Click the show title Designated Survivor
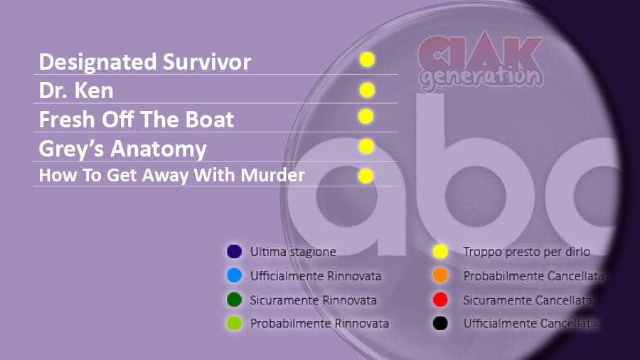tap(145, 62)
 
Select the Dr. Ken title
tap(76, 90)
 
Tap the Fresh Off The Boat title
tap(137, 120)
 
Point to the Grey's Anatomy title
tap(123, 149)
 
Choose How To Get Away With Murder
tap(172, 175)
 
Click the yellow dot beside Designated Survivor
tap(368, 60)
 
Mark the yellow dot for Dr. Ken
tap(368, 90)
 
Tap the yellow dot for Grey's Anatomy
tap(366, 146)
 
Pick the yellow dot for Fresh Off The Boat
tap(366, 117)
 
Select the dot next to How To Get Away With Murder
tap(366, 176)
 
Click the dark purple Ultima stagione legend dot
tap(234, 251)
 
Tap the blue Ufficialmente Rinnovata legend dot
tap(234, 275)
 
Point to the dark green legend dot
tap(234, 300)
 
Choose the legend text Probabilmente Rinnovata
tap(319, 324)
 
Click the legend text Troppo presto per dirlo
tap(526, 252)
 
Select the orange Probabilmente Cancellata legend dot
tap(440, 275)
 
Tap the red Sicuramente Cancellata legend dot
tap(440, 300)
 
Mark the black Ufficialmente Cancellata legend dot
tap(440, 324)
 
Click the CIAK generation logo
tap(481, 62)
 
